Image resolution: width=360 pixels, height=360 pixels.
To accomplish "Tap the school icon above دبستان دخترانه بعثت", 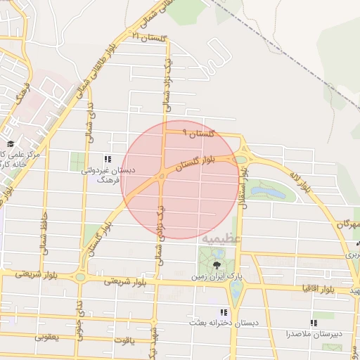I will (224, 312).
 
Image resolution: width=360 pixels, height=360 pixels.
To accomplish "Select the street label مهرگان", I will (348, 224).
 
